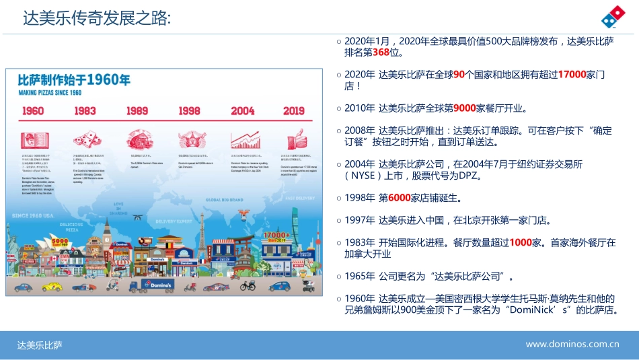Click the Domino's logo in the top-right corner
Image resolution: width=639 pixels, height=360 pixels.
(612, 20)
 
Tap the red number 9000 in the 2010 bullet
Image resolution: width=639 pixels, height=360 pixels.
(464, 108)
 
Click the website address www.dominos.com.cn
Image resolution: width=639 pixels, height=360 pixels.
(572, 345)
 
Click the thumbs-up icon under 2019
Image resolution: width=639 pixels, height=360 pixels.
(295, 140)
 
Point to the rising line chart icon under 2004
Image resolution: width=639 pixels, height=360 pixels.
(244, 140)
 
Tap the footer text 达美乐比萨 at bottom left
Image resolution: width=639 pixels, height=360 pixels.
(40, 345)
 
